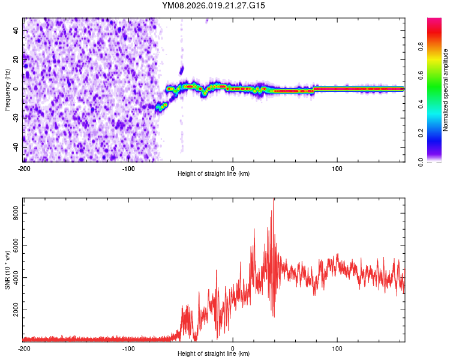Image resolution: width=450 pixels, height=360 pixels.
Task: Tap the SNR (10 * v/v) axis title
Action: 7,269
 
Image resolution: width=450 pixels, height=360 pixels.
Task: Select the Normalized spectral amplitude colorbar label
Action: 446,90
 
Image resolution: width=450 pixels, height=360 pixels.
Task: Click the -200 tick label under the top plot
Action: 24,168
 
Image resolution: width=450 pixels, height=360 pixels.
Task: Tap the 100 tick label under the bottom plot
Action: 337,348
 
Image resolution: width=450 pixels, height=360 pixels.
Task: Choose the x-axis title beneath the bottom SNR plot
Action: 214,354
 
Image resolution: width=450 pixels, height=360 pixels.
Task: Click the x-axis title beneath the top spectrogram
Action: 214,174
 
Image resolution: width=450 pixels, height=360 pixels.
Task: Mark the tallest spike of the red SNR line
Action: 274,200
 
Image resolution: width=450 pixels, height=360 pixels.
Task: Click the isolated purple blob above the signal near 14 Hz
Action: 182,70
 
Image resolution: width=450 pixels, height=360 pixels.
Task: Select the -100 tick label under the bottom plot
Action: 128,348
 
